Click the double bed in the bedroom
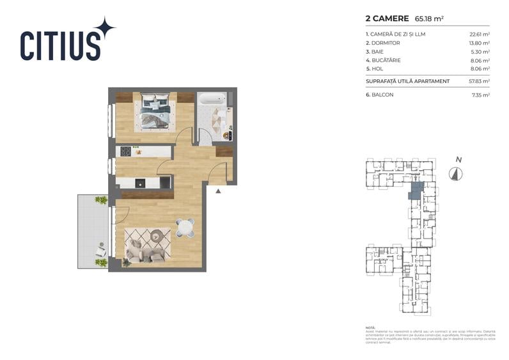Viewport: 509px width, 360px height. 156,111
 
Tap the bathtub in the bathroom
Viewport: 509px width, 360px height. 212,99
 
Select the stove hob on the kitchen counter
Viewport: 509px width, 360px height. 126,152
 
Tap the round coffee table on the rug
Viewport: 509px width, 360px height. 155,237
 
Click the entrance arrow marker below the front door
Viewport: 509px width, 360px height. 218,191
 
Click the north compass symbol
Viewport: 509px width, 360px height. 455,173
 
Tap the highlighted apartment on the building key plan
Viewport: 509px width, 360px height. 416,190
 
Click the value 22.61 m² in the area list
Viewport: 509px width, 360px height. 479,34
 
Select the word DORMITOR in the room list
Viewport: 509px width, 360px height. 385,43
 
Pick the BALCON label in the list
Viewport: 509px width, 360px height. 382,95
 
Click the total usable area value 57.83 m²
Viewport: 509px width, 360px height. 479,81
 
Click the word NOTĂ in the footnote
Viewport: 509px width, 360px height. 371,327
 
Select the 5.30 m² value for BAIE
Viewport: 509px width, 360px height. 481,51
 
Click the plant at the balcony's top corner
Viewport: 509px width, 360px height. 101,200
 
